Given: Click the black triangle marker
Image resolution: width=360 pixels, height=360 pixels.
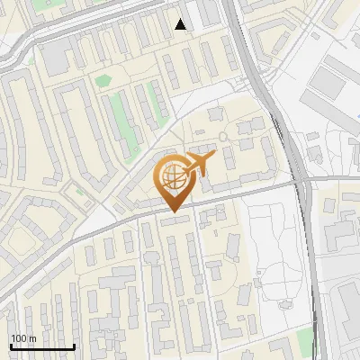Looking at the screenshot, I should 181,24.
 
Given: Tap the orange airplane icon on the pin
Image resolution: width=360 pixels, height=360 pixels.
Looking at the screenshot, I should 196,165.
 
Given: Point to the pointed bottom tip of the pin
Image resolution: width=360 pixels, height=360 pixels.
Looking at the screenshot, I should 172,212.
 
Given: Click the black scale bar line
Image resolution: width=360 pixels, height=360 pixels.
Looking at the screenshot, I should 42,346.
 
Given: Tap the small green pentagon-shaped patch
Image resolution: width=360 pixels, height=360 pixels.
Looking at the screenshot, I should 103,81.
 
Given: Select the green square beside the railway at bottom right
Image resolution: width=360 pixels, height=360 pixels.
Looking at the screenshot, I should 305,339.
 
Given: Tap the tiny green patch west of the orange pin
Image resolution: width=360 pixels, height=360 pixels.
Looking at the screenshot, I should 79,191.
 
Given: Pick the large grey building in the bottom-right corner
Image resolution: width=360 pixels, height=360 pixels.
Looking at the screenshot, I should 346,315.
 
